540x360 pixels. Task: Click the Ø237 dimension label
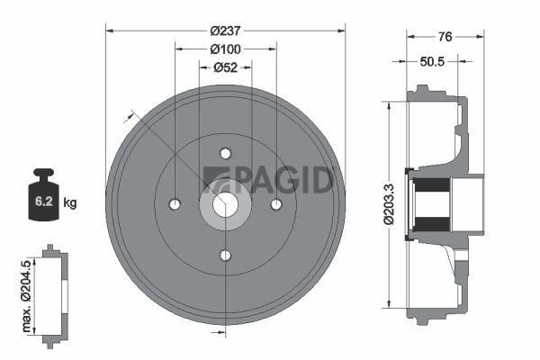coord(226,31)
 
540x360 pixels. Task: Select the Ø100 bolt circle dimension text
coord(226,49)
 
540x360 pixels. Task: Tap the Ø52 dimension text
coord(226,67)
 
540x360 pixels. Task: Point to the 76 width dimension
coord(445,37)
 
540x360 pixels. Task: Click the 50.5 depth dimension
coord(432,62)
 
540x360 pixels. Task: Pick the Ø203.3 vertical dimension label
coord(390,204)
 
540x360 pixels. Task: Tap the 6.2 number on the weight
coord(44,202)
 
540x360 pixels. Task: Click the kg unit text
coord(70,202)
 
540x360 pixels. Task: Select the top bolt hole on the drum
coord(226,154)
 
